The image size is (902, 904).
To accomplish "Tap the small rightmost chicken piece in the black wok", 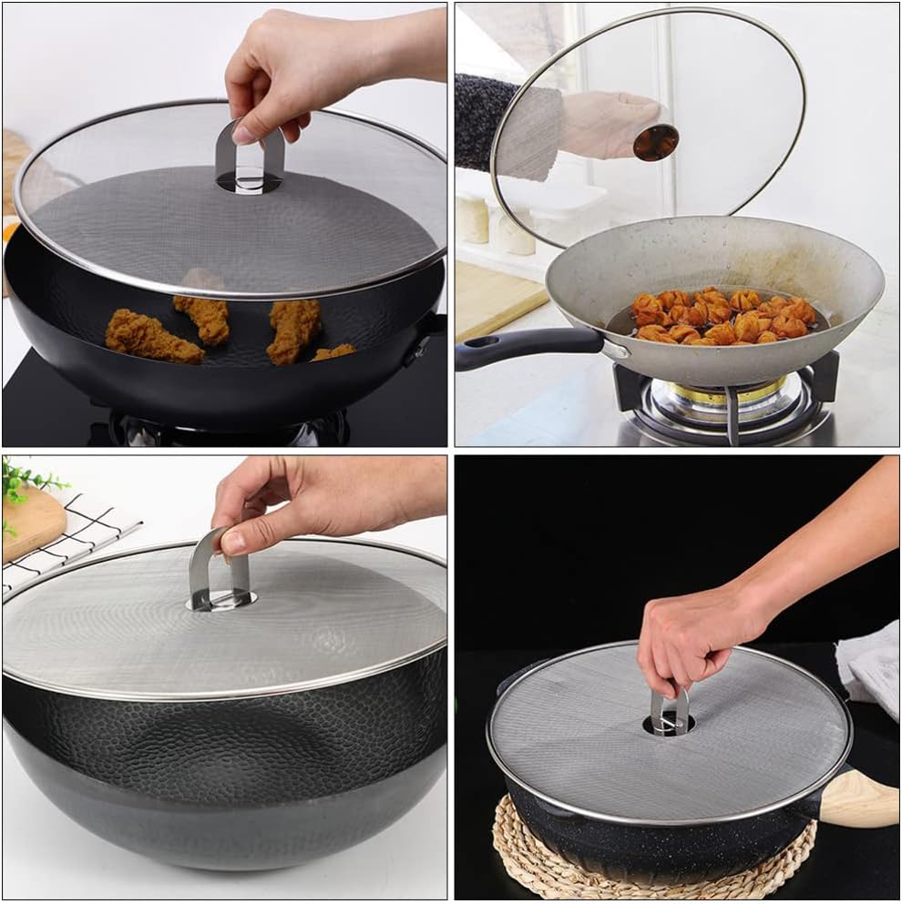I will (334, 352).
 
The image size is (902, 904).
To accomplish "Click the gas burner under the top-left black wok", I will (228, 428).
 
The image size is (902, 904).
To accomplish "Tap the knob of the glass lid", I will (656, 142).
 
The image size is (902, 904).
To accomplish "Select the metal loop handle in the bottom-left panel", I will (219, 569).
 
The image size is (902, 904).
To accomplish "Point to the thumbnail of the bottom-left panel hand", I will (232, 542).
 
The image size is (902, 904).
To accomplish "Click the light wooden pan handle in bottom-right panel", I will (861, 799).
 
